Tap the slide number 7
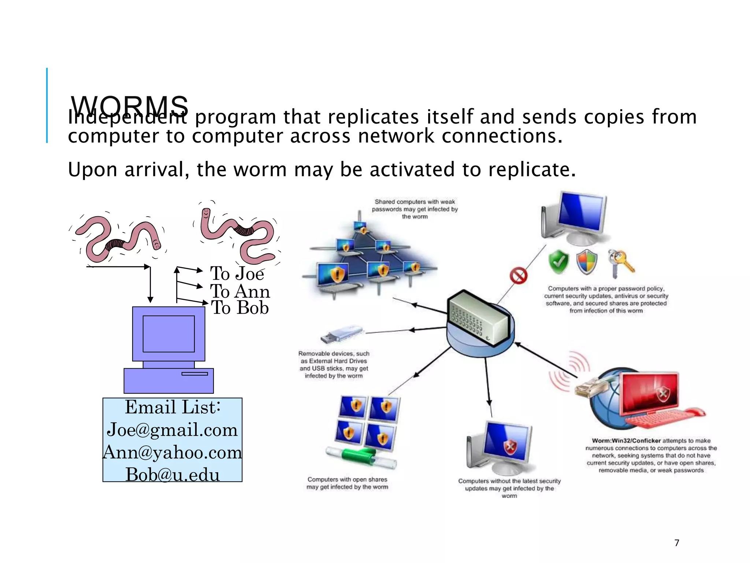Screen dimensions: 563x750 (677, 543)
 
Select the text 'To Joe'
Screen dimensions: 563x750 (237, 273)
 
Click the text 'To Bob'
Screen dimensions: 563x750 (240, 308)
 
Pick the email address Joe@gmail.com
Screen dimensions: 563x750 (172, 430)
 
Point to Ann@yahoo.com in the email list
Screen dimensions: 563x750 (172, 452)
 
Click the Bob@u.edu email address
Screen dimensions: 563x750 (172, 475)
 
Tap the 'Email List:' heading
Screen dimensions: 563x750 (172, 407)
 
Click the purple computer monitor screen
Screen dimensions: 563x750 (168, 334)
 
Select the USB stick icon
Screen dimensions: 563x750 (341, 334)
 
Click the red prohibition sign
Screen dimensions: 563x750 (519, 276)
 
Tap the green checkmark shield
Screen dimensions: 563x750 (558, 262)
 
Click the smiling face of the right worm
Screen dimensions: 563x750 (206, 213)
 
